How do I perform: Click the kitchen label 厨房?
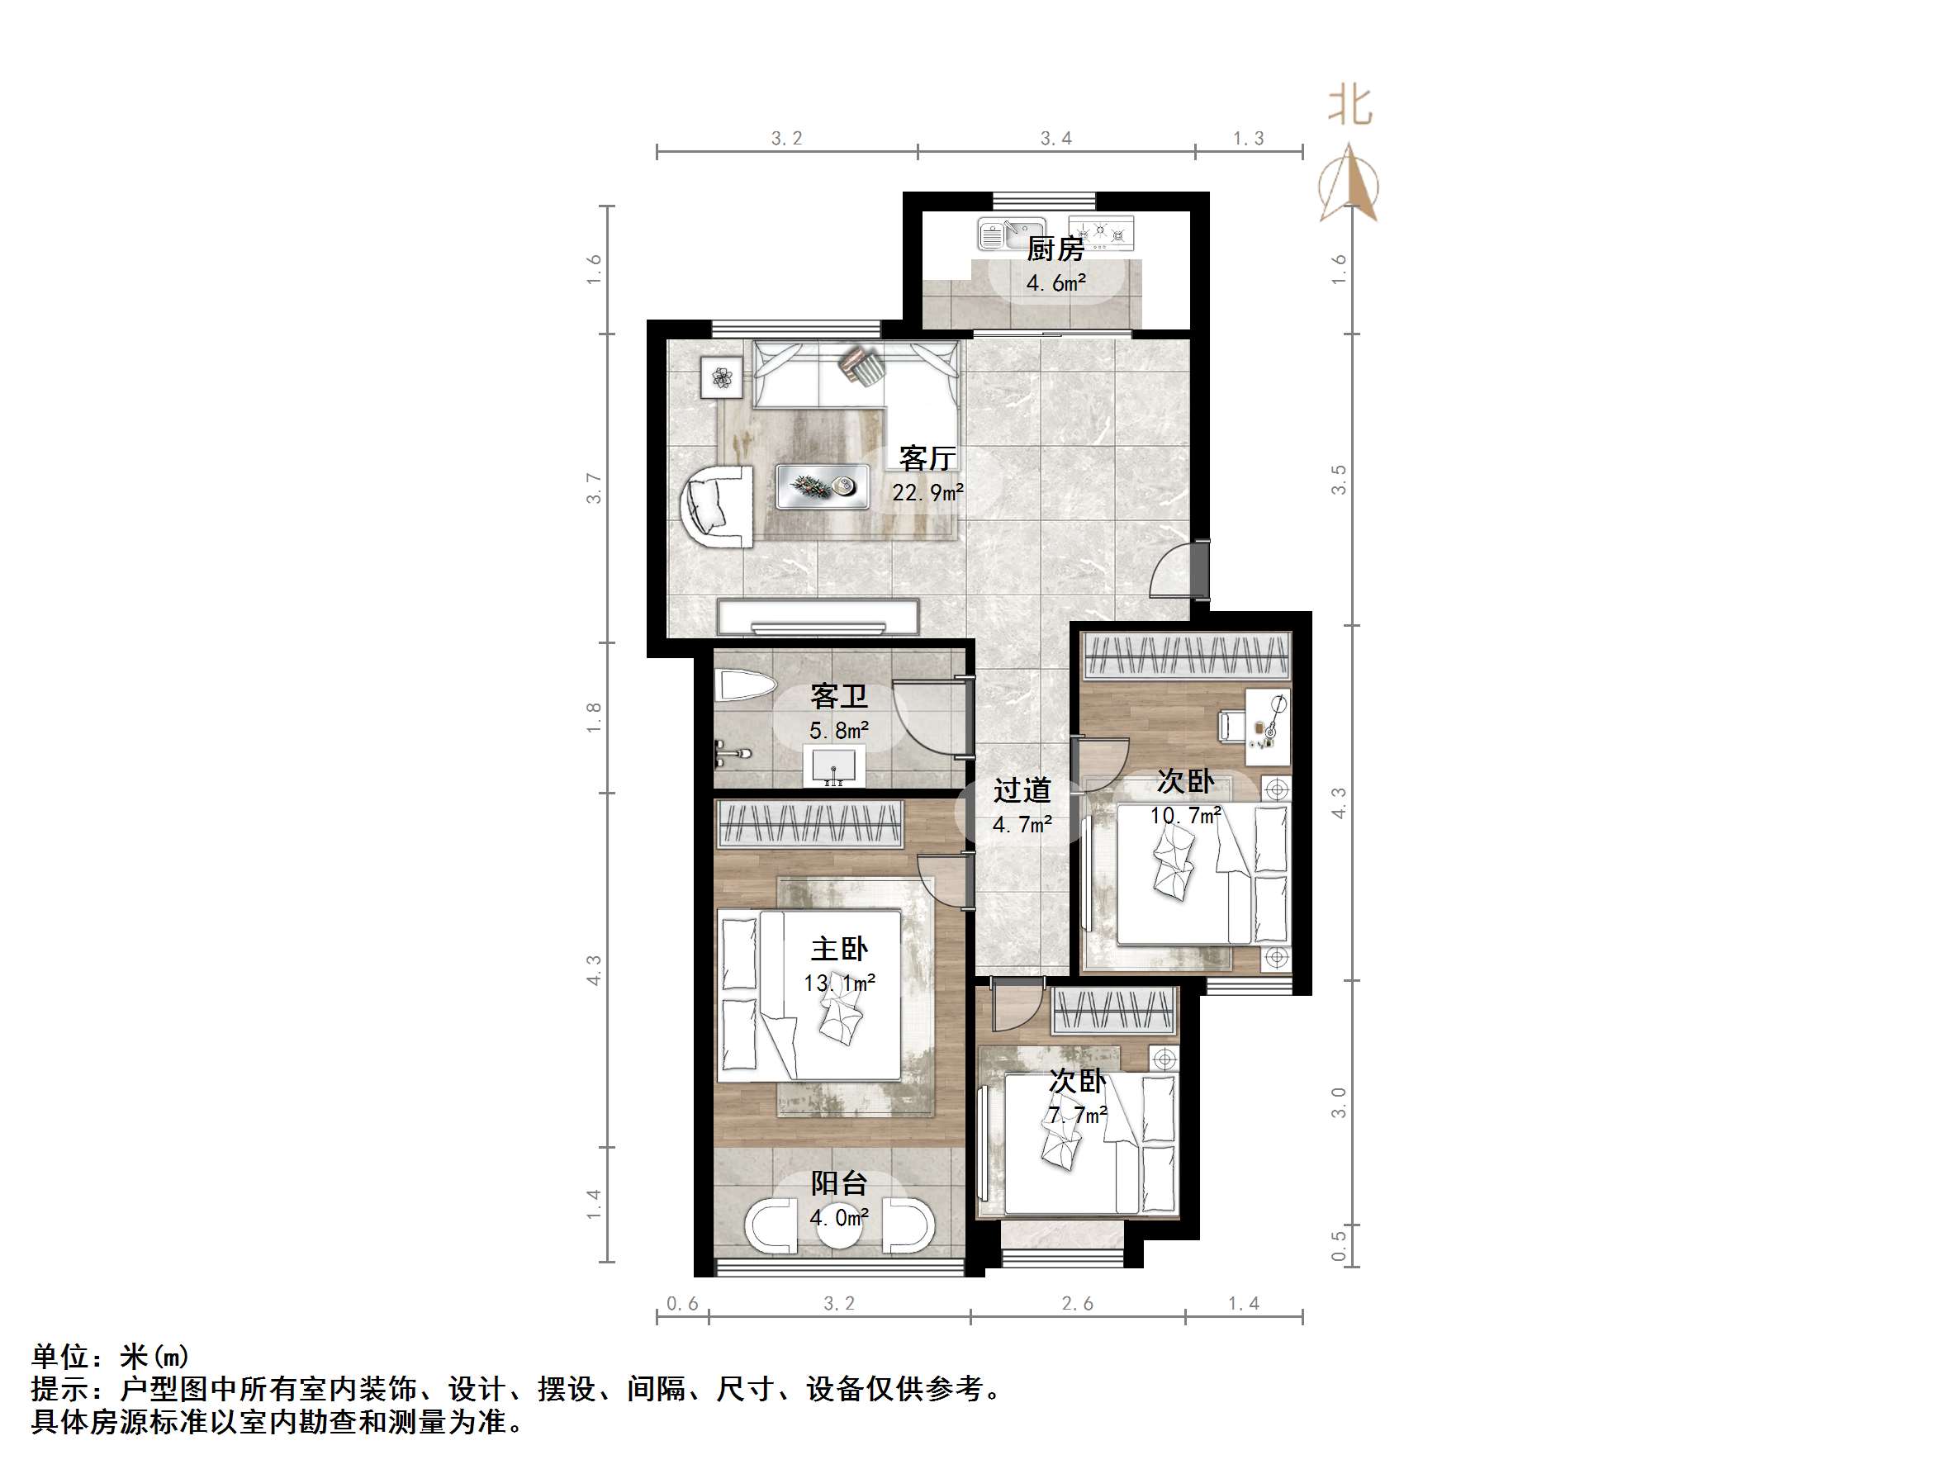(1055, 250)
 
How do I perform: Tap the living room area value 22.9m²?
(927, 493)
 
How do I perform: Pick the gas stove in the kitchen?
(1101, 232)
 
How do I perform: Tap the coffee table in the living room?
(822, 487)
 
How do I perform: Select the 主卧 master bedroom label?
(838, 950)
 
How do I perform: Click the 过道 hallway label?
(1022, 790)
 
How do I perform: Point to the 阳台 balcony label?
(838, 1184)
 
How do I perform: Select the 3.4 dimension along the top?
(1055, 138)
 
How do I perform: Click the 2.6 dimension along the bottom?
(1077, 1303)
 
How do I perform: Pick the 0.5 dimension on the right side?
(1339, 1244)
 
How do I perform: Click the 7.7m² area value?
(1078, 1116)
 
